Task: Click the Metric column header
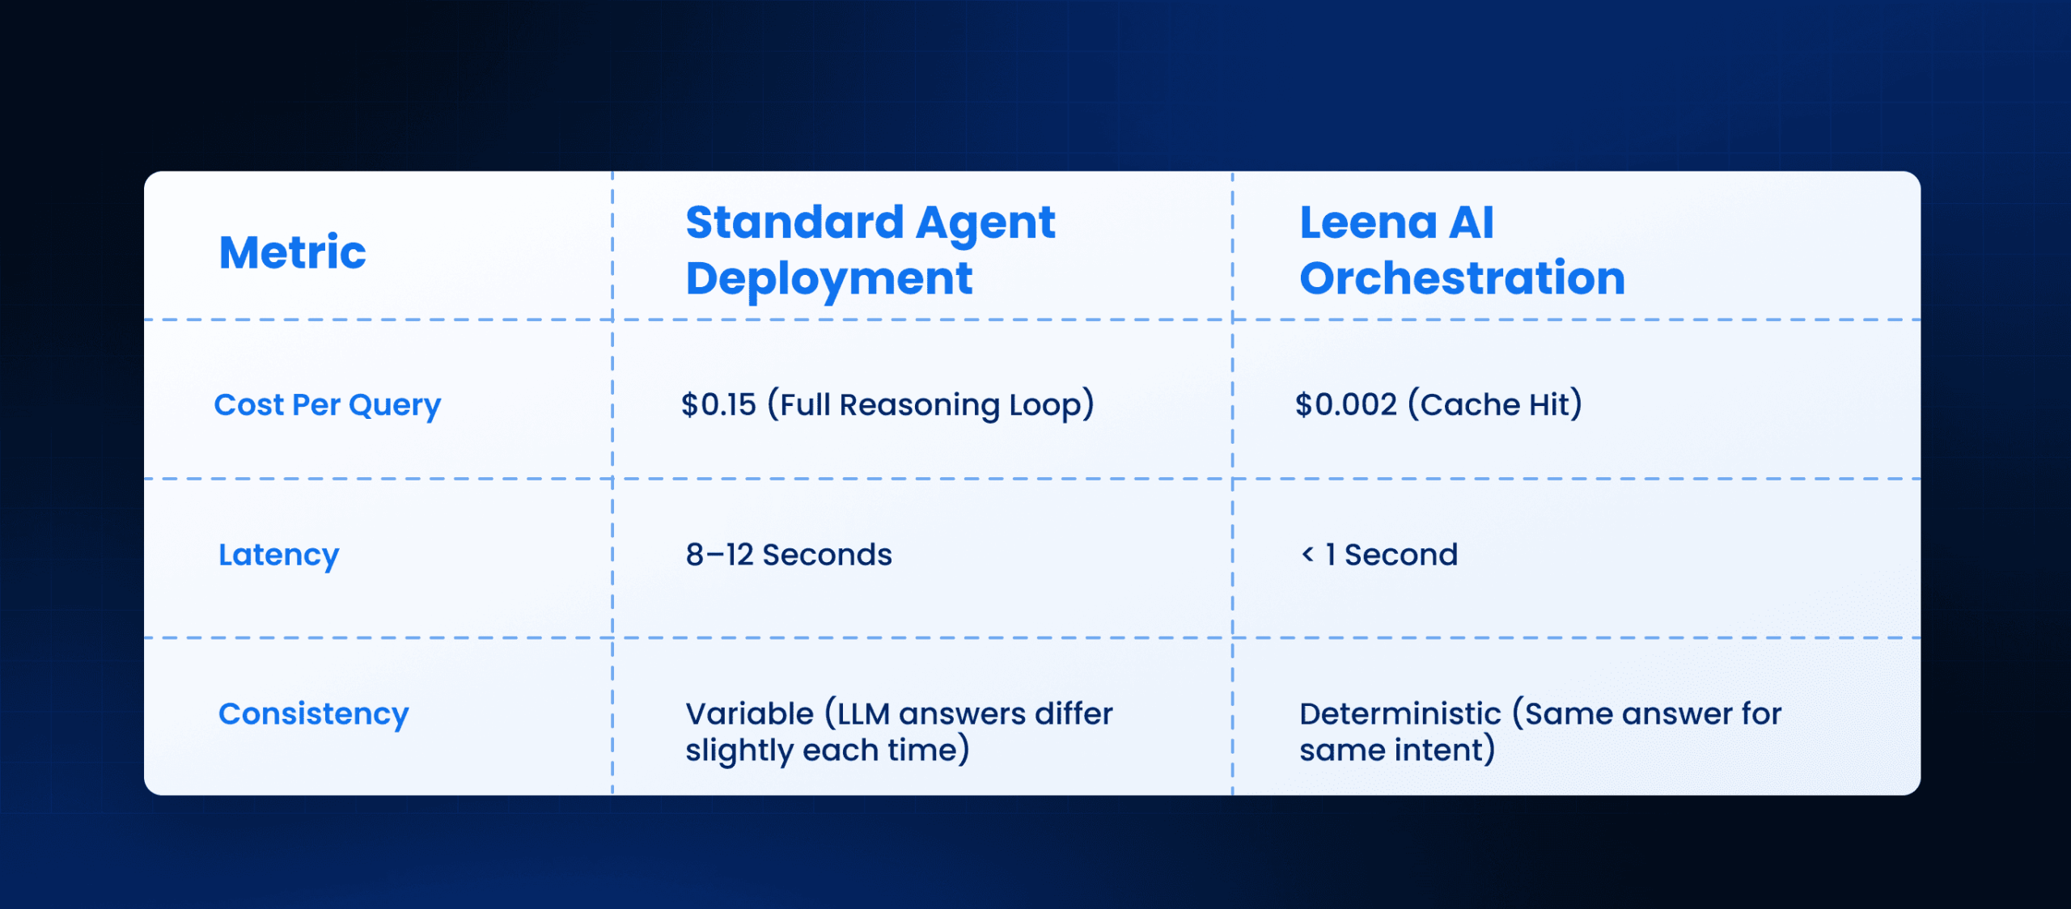pyautogui.click(x=292, y=252)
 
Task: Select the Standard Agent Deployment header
pyautogui.click(x=870, y=251)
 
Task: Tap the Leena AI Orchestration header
pyautogui.click(x=1462, y=251)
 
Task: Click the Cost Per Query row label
pyautogui.click(x=328, y=404)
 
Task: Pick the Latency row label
pyautogui.click(x=278, y=555)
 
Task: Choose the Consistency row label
pyautogui.click(x=314, y=714)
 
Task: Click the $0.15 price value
pyautogui.click(x=718, y=404)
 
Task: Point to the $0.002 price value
pyautogui.click(x=1346, y=404)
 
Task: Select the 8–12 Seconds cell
pyautogui.click(x=789, y=555)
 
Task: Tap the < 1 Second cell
pyautogui.click(x=1379, y=555)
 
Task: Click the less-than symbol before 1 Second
pyautogui.click(x=1307, y=555)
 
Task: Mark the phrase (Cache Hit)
pyautogui.click(x=1495, y=404)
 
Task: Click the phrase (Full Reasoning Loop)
pyautogui.click(x=930, y=404)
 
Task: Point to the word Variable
pyautogui.click(x=749, y=714)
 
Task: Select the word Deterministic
pyautogui.click(x=1400, y=714)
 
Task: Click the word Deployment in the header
pyautogui.click(x=828, y=279)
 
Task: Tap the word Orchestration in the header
pyautogui.click(x=1462, y=278)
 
